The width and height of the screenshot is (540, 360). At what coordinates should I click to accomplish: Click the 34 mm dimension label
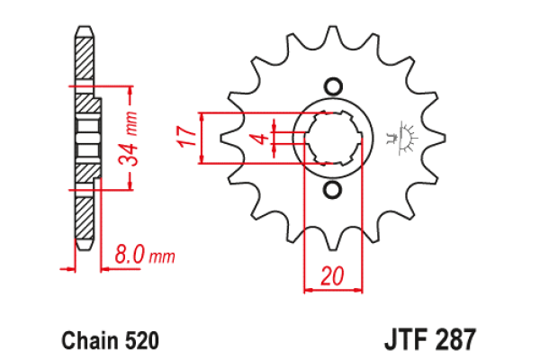point(128,138)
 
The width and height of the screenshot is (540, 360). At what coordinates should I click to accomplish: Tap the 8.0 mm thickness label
point(145,255)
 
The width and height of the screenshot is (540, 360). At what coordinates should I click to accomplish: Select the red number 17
point(186,137)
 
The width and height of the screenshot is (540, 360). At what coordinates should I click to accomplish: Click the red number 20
point(332,275)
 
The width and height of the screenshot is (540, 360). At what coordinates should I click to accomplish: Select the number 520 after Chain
point(142,340)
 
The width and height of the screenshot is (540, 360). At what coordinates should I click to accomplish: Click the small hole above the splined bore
point(333,86)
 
